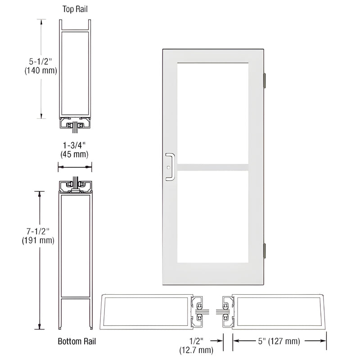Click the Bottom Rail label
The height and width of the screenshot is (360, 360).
[77, 341]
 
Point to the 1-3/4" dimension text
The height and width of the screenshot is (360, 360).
[75, 145]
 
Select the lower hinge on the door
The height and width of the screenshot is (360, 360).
[265, 250]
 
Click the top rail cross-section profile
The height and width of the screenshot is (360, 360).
[75, 74]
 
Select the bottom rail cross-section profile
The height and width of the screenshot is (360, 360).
[75, 247]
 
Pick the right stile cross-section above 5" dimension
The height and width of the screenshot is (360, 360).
[279, 312]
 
